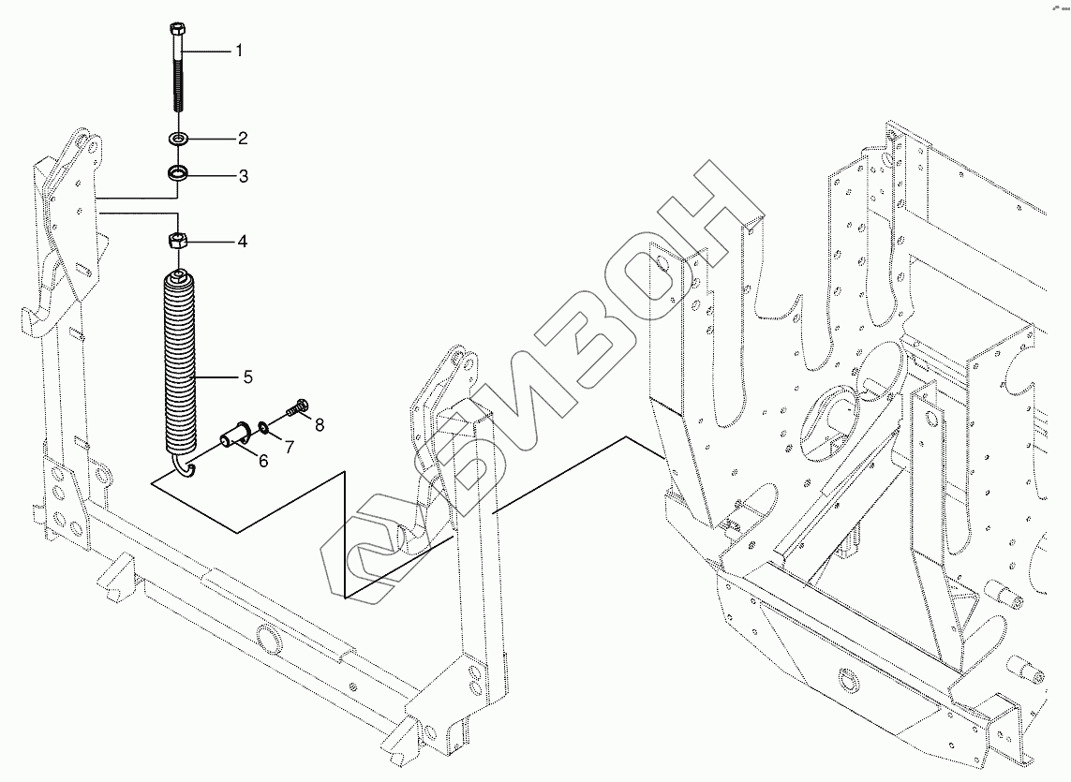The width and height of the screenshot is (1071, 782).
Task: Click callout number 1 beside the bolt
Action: click(x=238, y=51)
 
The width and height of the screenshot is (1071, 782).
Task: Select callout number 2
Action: click(x=242, y=140)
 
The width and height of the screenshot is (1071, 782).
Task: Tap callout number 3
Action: click(x=242, y=176)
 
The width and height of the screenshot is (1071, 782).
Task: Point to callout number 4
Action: click(x=242, y=242)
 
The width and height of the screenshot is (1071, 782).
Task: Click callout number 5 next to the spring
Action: click(x=247, y=377)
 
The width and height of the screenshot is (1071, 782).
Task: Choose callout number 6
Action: click(x=262, y=460)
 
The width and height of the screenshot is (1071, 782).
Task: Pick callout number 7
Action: click(x=289, y=447)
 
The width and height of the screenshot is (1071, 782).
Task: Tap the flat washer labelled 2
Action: click(x=178, y=139)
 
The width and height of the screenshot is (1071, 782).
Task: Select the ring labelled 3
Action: click(x=178, y=174)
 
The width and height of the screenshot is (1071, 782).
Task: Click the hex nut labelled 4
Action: click(x=178, y=241)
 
